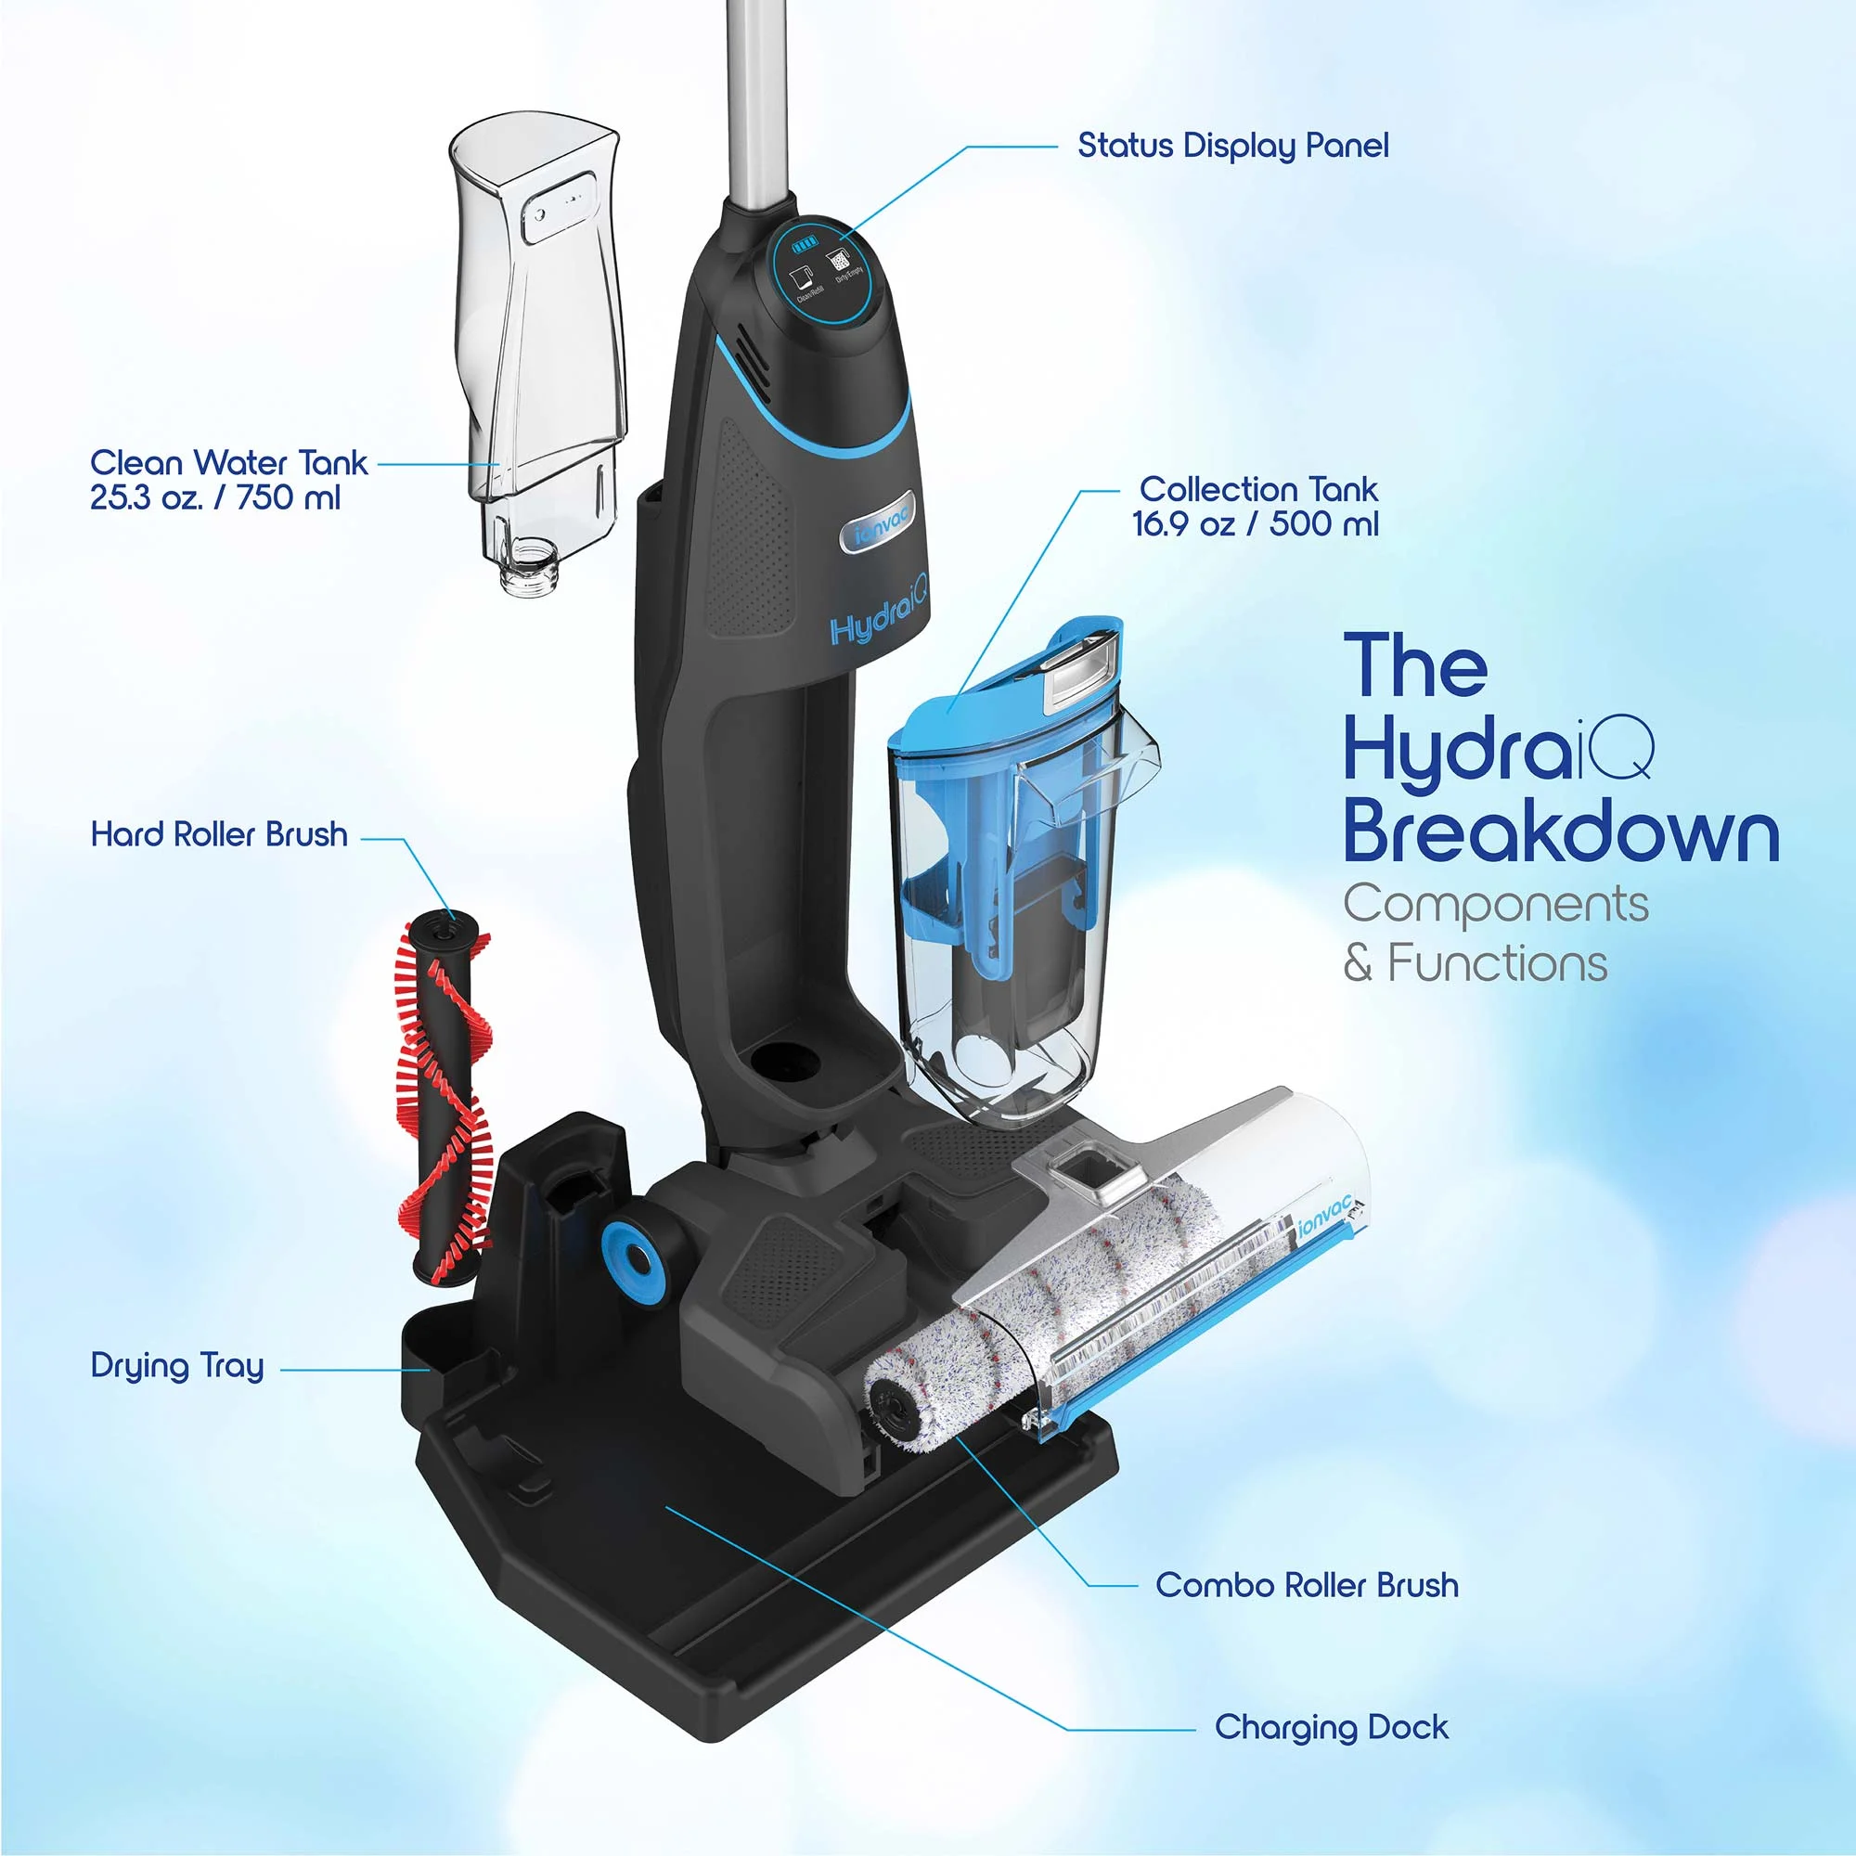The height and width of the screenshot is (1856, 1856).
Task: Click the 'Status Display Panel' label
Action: click(x=1232, y=146)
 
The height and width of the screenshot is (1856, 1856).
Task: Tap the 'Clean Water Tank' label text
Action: click(x=228, y=463)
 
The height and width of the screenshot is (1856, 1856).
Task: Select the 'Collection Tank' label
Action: click(x=1258, y=489)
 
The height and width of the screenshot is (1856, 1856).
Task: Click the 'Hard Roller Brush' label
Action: click(x=219, y=834)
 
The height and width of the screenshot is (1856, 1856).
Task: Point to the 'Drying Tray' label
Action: click(x=176, y=1365)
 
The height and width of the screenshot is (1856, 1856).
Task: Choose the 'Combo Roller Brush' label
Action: click(x=1307, y=1585)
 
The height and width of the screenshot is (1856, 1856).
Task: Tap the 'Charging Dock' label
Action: click(x=1331, y=1727)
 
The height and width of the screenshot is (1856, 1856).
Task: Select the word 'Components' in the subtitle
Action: click(x=1495, y=904)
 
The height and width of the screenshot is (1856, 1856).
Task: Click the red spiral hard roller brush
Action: click(x=445, y=1095)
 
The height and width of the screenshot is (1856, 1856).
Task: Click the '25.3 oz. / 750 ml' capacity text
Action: click(x=215, y=498)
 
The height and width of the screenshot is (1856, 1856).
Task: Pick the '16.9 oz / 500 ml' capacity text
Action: click(x=1255, y=524)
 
